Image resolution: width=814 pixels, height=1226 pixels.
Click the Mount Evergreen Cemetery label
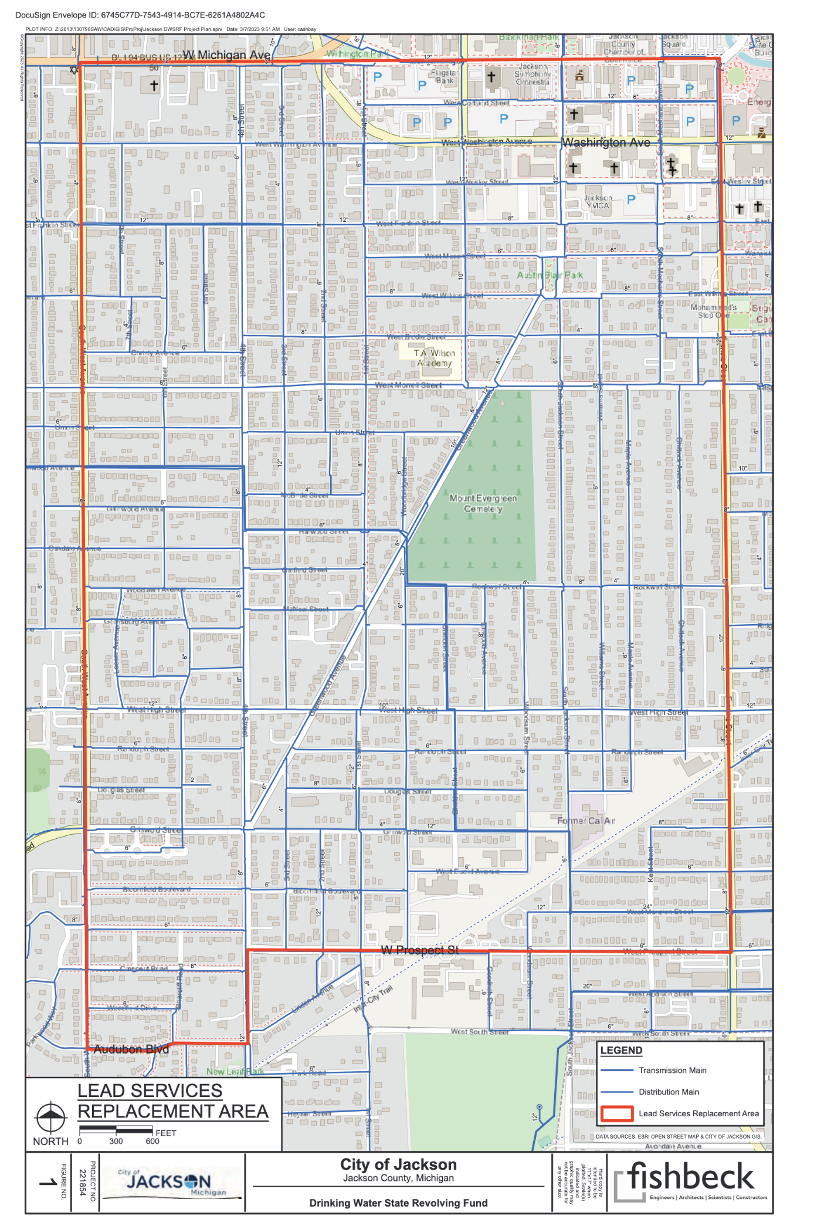[483, 503]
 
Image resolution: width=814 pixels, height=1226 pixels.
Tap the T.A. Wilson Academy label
[434, 358]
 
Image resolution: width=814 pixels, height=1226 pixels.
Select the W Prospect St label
[420, 950]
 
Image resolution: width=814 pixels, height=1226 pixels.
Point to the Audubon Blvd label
[131, 1049]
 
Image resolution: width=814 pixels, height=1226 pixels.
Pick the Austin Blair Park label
[550, 275]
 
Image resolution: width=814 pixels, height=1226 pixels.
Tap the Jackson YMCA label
[597, 202]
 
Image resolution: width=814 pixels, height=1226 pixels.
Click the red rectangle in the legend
[617, 1113]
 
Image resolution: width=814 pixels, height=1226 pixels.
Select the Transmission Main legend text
[673, 1071]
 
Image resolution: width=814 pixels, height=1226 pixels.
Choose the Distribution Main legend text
[669, 1092]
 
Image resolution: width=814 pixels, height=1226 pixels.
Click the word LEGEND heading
[622, 1051]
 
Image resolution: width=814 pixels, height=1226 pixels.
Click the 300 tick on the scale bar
[116, 1142]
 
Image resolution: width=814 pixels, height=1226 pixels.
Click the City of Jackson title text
[398, 1164]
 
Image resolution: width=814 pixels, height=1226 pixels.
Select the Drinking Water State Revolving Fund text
[398, 1203]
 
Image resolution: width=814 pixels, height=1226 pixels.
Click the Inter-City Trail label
[373, 1000]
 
